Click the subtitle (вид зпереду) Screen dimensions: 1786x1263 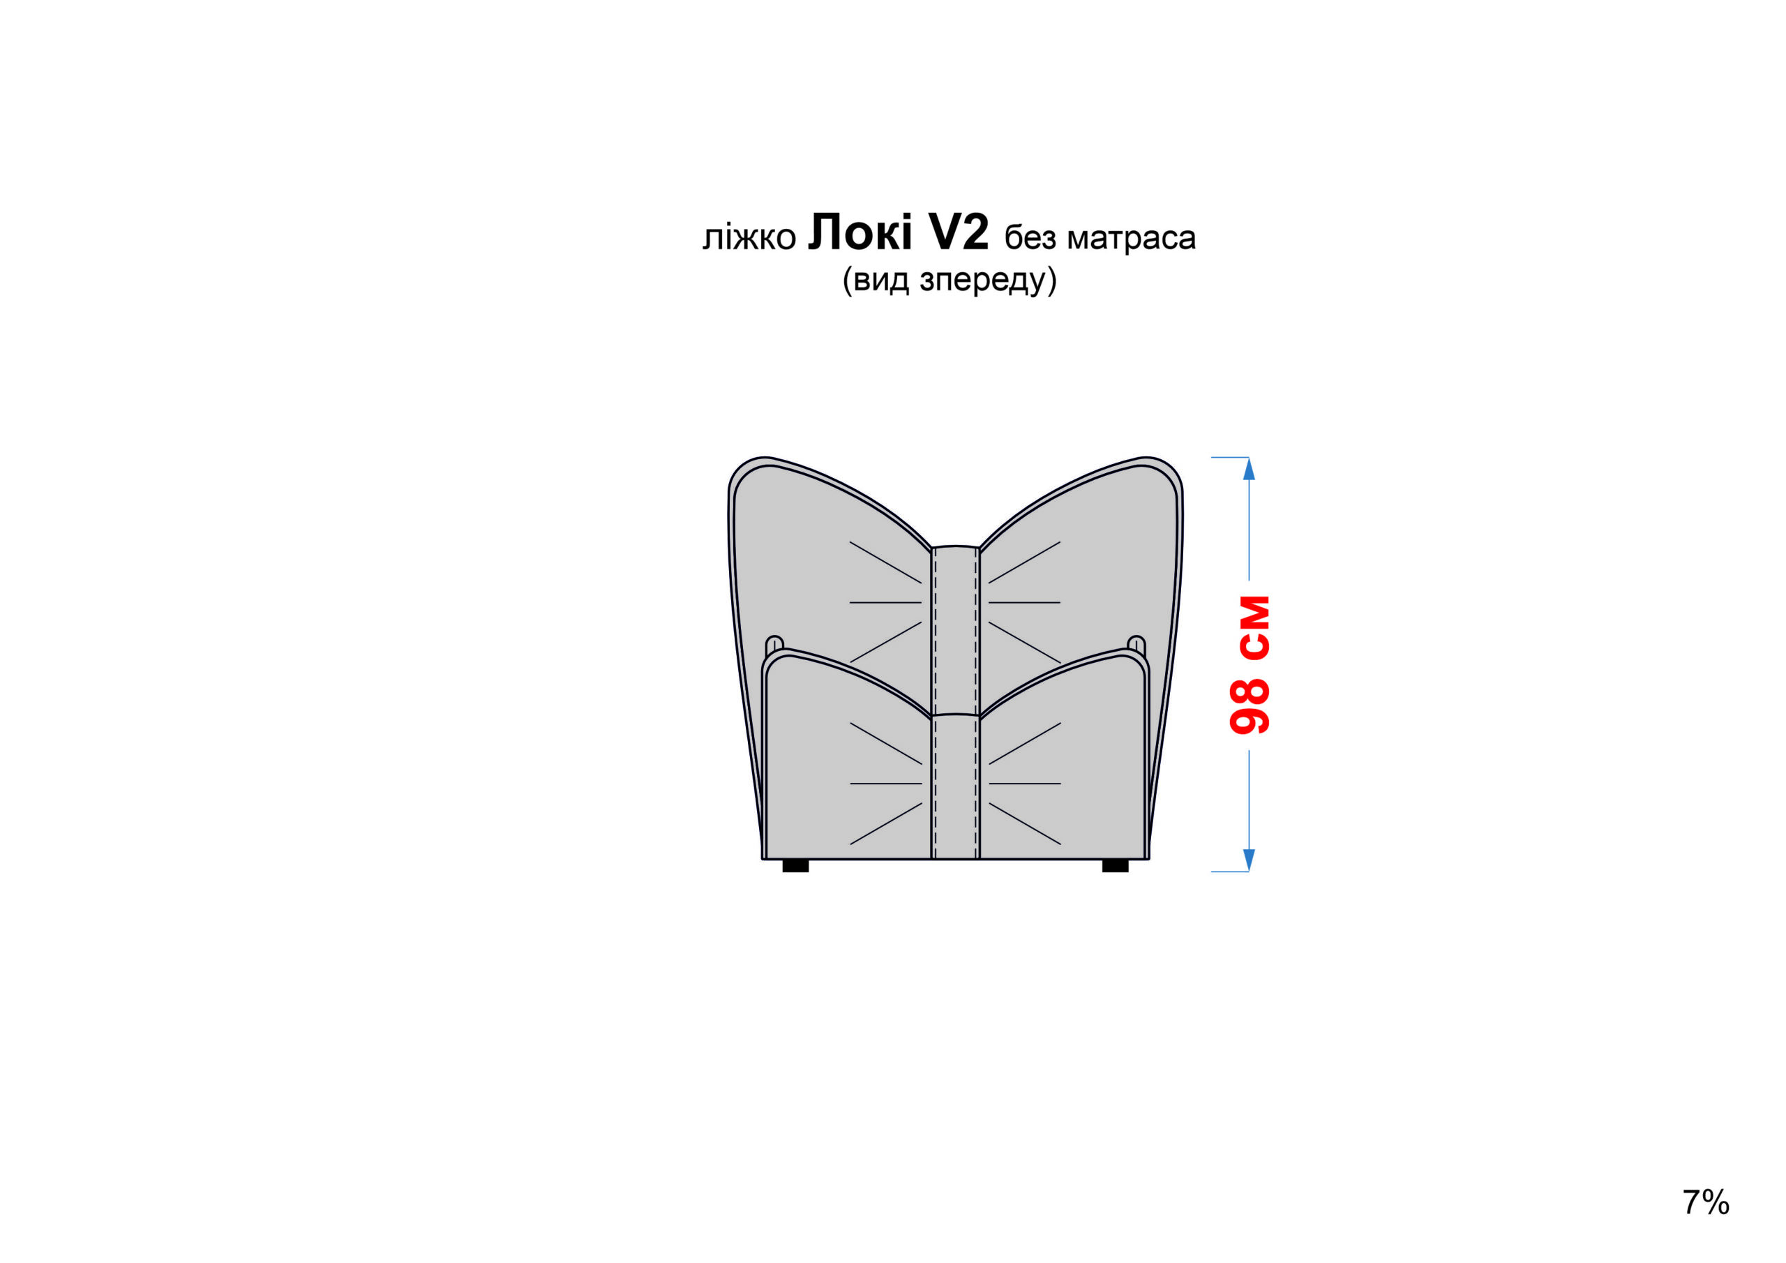[949, 279]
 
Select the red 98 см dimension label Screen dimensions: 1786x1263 [1250, 666]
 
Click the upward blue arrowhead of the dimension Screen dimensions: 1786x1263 [1250, 468]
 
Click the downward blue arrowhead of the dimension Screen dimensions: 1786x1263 [1250, 860]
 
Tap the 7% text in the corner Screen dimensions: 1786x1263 [1706, 1202]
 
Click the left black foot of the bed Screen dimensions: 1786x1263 [795, 866]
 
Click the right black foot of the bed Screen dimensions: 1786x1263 [1116, 866]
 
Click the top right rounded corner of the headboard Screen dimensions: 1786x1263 [1163, 471]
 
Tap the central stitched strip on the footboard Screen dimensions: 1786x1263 [955, 786]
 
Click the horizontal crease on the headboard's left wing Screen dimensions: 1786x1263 [886, 602]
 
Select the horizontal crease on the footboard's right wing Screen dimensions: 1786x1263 [1024, 784]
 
